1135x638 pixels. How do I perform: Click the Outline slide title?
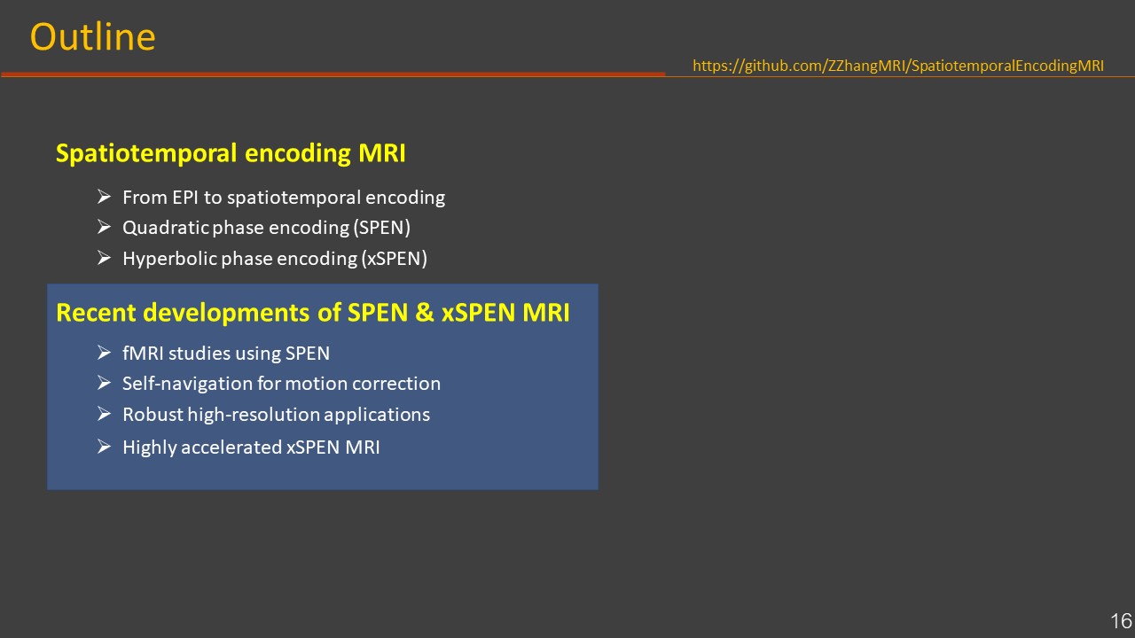[x=93, y=37]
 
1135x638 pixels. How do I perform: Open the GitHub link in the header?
[x=898, y=66]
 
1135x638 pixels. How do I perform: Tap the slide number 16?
[x=1121, y=621]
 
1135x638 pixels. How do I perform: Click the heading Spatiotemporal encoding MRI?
[x=231, y=153]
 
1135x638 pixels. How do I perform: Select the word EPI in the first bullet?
[x=185, y=198]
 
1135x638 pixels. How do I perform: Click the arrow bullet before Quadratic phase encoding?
[x=104, y=227]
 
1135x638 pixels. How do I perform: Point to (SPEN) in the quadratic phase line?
[x=382, y=228]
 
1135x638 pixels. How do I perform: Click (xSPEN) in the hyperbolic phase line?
[x=395, y=259]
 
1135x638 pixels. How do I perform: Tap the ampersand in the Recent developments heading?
[x=425, y=312]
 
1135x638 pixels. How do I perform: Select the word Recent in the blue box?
[x=96, y=313]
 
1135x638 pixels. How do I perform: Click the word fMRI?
[x=143, y=353]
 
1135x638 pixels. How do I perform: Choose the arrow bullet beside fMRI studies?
[x=104, y=353]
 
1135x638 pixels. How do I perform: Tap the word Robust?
[x=153, y=415]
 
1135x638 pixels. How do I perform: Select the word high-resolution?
[x=254, y=415]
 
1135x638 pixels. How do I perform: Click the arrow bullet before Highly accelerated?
[x=104, y=447]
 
